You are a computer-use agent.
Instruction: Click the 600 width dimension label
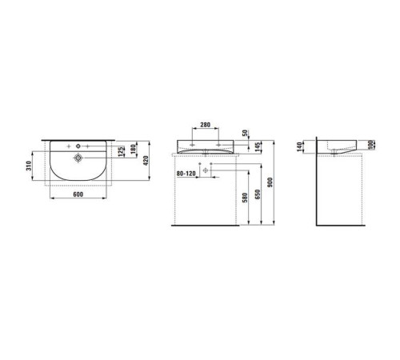coord(78,194)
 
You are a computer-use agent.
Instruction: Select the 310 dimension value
coord(29,166)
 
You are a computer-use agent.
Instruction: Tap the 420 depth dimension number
coord(146,161)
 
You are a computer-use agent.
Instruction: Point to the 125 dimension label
coord(121,151)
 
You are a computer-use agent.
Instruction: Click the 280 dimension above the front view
coord(206,125)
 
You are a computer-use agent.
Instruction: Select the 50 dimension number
coord(246,133)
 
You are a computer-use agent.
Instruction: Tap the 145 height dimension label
coord(258,147)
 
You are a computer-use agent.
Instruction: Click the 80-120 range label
coord(186,174)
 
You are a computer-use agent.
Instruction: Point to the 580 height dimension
coord(246,198)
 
